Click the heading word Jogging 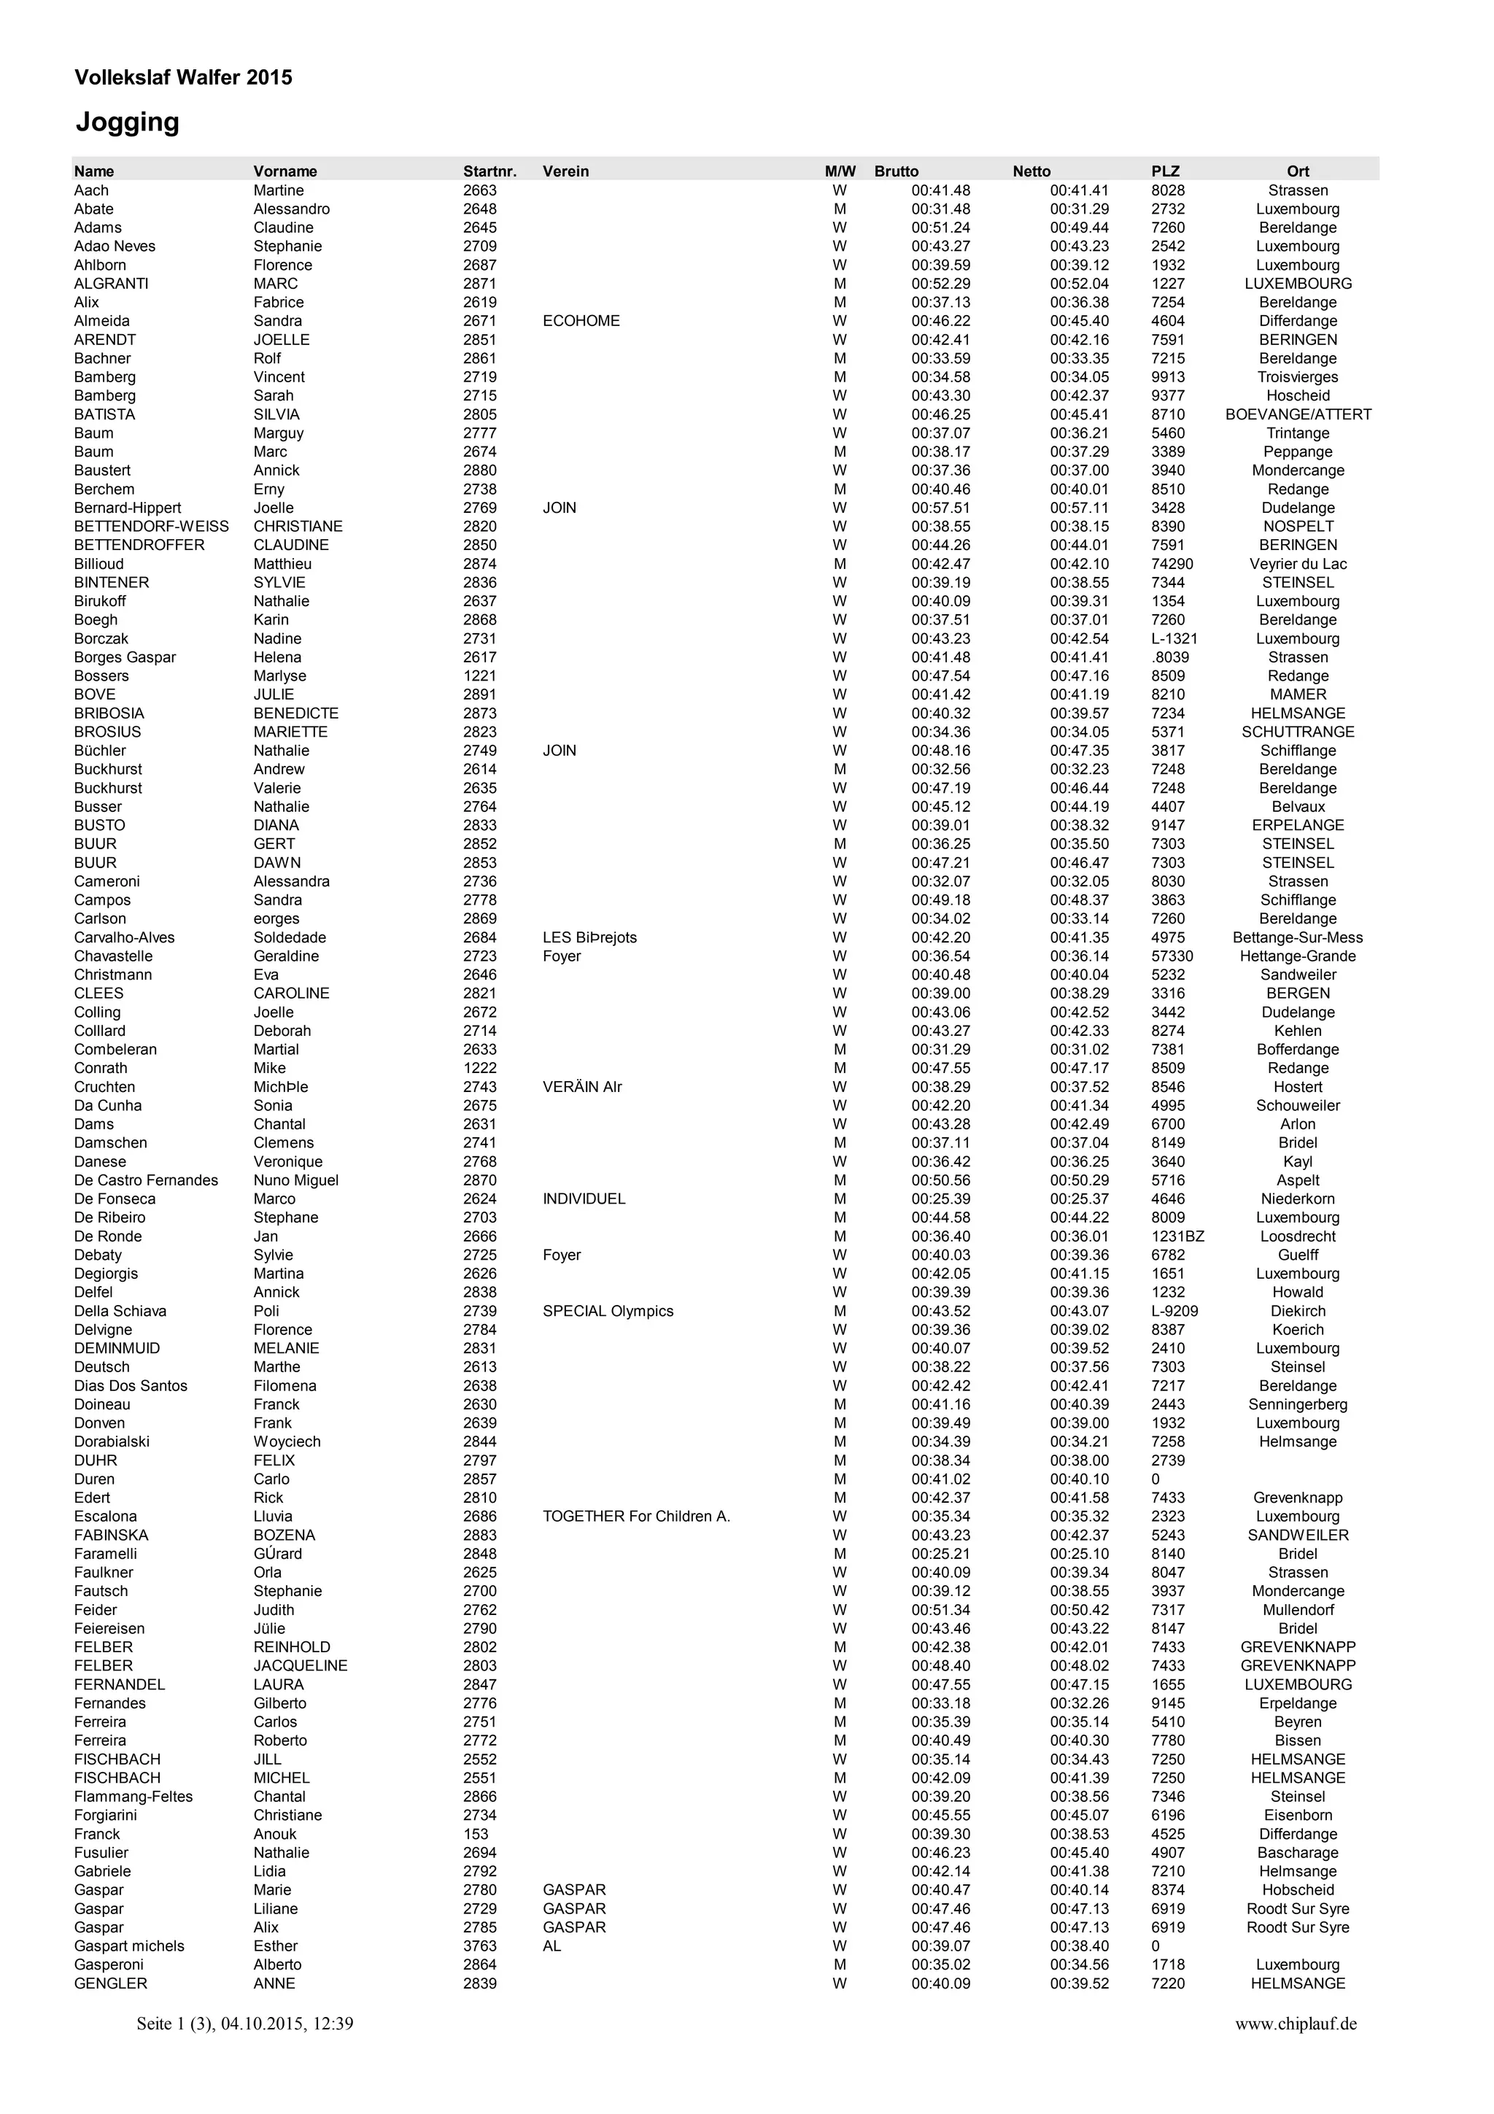[127, 123]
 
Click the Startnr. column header [489, 171]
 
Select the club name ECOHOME [581, 322]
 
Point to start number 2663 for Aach [479, 190]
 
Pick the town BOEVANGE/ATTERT [1297, 414]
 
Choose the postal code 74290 [1172, 565]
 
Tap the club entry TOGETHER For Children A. [636, 1517]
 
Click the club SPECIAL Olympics [608, 1311]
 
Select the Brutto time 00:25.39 [941, 1199]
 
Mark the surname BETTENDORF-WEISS [151, 527]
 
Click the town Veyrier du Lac [1297, 565]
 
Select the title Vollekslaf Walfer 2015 [183, 77]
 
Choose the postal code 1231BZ [1177, 1236]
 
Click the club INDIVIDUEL [584, 1199]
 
